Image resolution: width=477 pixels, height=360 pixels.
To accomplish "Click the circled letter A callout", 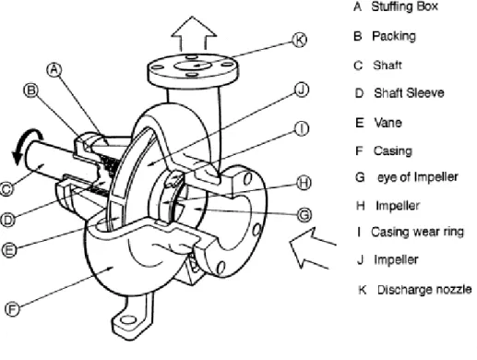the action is pos(54,70).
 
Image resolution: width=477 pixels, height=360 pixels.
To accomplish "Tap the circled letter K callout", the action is pos(299,40).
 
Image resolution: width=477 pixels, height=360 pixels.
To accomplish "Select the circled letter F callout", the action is pos(12,309).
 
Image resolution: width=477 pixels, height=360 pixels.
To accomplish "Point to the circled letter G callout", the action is pos(304,214).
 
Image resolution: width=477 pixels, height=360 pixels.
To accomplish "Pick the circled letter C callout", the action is pos(6,188).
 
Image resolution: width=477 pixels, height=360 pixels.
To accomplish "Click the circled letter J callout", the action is pos(302,90).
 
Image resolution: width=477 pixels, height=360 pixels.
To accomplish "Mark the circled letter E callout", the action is pos(9,249).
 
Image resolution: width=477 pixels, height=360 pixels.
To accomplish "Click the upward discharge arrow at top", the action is pos(194,33).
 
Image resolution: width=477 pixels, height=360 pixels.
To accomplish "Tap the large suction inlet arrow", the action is pos(312,248).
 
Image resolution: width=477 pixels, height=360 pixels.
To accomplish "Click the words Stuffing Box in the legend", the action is pos(404,6).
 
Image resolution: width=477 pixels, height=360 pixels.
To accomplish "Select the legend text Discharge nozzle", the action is pos(424,290).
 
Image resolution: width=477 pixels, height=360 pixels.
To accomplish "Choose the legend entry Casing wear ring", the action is pos(417,232).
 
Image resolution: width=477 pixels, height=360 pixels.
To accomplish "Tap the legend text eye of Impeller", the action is pos(418,177).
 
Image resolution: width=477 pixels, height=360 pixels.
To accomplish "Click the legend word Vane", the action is pos(388,123).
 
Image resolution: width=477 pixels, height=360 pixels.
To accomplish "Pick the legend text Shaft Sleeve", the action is pos(409,93).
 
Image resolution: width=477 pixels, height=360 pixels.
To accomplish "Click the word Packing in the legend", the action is pos(394,36).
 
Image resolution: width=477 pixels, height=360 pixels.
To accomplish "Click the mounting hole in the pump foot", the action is pos(127,320).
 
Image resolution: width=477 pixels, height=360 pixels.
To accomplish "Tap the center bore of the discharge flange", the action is pos(193,66).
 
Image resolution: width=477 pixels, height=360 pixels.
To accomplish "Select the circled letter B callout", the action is pos(31,90).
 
